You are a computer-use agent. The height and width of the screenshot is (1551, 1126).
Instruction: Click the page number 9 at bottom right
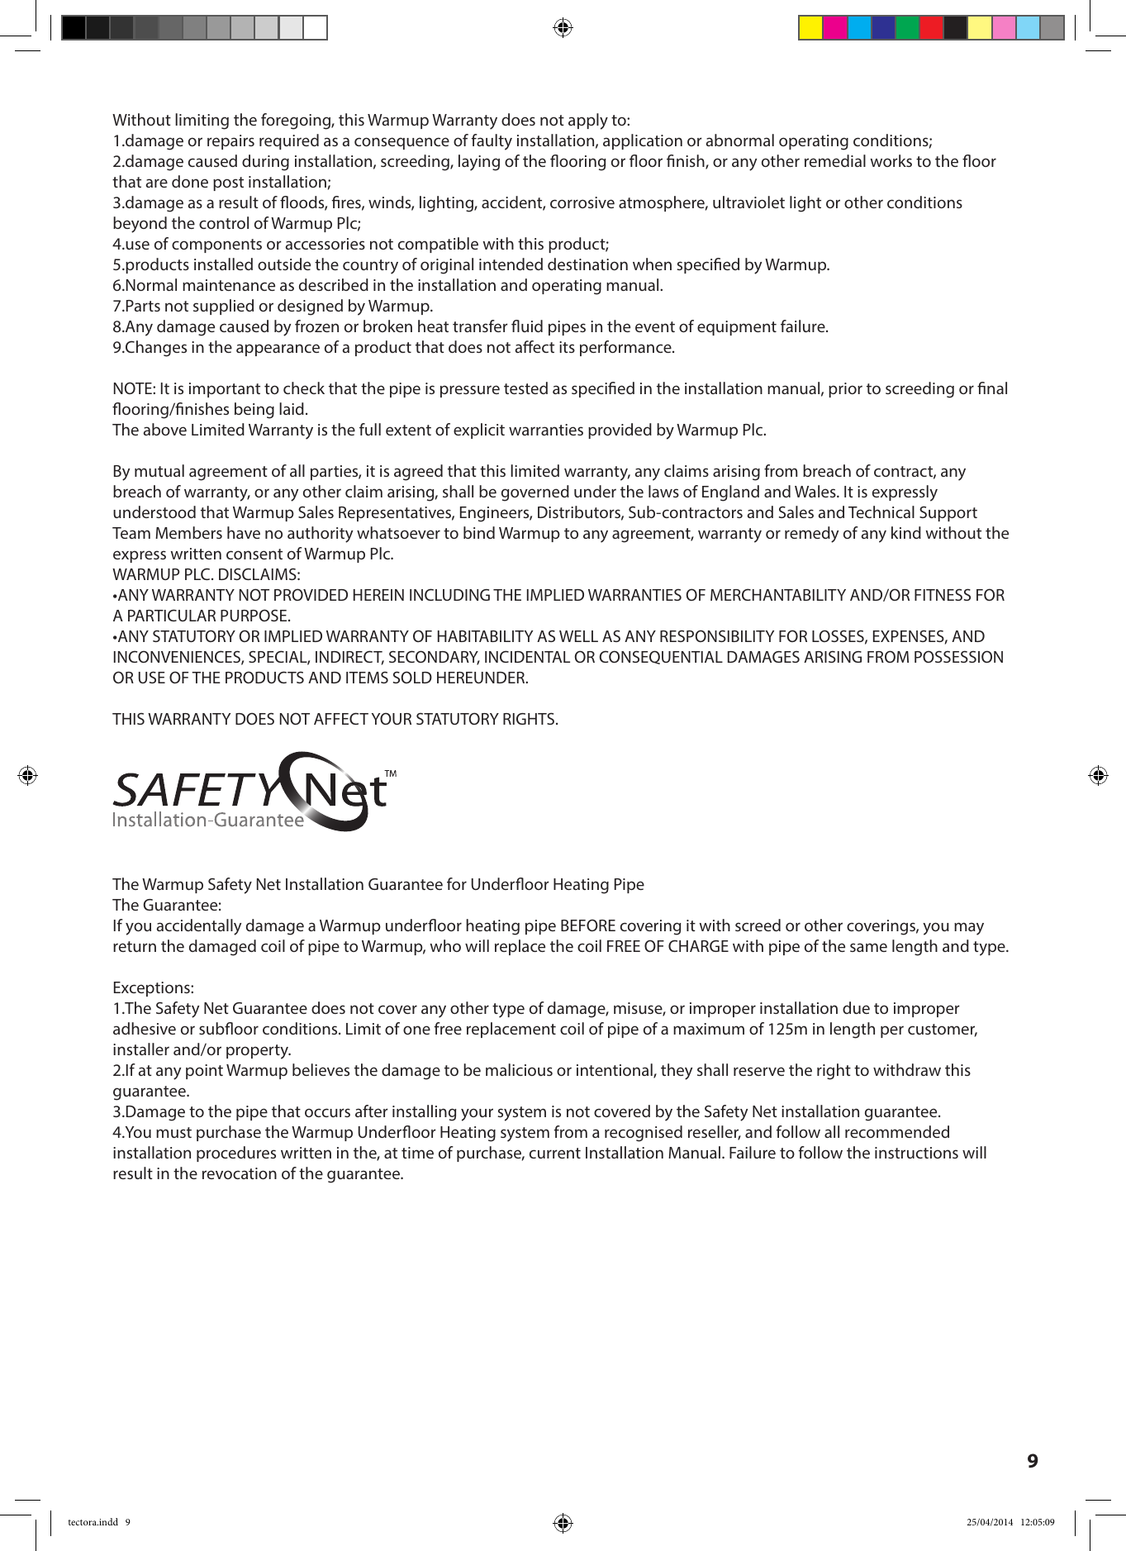pyautogui.click(x=1032, y=1461)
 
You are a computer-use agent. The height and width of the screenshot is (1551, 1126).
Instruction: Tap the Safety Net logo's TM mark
pyautogui.click(x=391, y=774)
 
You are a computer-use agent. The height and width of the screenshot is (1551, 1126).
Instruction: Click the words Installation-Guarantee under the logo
pyautogui.click(x=208, y=820)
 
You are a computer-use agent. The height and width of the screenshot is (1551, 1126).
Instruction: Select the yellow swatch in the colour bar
pyautogui.click(x=810, y=28)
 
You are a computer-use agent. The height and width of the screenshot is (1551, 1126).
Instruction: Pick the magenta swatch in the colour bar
pyautogui.click(x=835, y=28)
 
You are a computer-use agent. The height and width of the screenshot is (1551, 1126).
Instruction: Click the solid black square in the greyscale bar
pyautogui.click(x=74, y=28)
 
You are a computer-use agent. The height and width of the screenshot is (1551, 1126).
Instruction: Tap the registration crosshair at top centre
pyautogui.click(x=563, y=28)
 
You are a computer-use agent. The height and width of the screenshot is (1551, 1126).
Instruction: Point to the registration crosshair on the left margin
pyautogui.click(x=27, y=775)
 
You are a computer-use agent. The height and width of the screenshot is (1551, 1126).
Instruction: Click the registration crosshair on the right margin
pyautogui.click(x=1098, y=775)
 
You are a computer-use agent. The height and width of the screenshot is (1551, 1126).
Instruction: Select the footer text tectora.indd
pyautogui.click(x=93, y=1522)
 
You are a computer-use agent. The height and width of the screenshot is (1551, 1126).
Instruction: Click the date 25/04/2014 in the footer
pyautogui.click(x=989, y=1522)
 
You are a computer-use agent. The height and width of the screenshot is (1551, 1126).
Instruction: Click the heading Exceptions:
pyautogui.click(x=153, y=987)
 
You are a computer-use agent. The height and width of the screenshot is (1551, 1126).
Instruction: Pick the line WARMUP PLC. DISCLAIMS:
pyautogui.click(x=207, y=574)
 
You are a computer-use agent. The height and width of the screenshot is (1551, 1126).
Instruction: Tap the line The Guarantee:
pyautogui.click(x=167, y=905)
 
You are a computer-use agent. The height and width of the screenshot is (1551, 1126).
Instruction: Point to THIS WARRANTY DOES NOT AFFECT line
pyautogui.click(x=335, y=719)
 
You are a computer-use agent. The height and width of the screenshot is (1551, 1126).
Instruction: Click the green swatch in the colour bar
pyautogui.click(x=907, y=28)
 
